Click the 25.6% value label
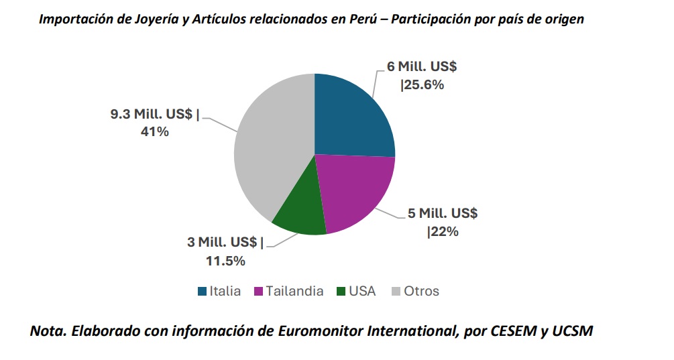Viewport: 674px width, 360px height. click(x=423, y=85)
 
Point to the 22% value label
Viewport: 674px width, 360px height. click(x=443, y=231)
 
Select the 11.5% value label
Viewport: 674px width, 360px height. click(x=225, y=261)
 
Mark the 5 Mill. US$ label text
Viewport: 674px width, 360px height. click(x=443, y=213)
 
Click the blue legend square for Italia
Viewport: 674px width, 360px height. click(x=202, y=292)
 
